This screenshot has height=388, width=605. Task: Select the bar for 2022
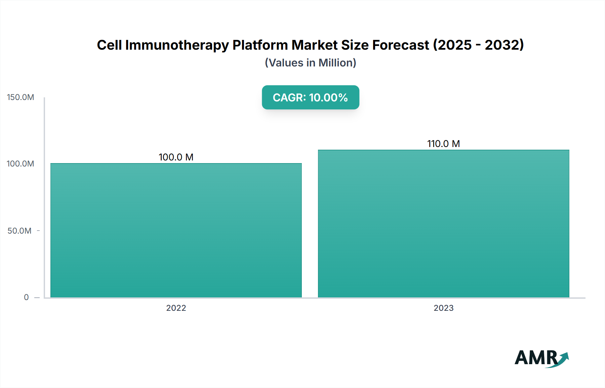[x=176, y=230]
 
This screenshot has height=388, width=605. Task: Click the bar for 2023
[x=443, y=224]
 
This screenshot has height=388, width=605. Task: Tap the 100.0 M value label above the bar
[x=176, y=157]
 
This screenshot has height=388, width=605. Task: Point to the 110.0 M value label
[x=443, y=144]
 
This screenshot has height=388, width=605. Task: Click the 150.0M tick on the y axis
[x=21, y=97]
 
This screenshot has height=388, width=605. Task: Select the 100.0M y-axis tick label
[x=21, y=164]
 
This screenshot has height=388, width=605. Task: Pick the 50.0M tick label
[x=19, y=231]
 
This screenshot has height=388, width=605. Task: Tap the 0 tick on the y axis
[x=26, y=297]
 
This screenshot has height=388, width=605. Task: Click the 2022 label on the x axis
[x=176, y=308]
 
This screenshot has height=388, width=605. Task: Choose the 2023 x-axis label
[x=443, y=308]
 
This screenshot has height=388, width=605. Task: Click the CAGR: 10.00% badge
[x=310, y=97]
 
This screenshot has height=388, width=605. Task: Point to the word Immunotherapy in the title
[x=177, y=45]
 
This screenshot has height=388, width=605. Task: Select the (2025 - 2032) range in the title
[x=478, y=45]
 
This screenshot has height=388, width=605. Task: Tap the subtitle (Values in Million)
[x=310, y=63]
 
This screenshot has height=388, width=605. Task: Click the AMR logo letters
[x=535, y=358]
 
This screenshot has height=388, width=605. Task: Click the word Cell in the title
[x=109, y=45]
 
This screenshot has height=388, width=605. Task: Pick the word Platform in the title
[x=260, y=45]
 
